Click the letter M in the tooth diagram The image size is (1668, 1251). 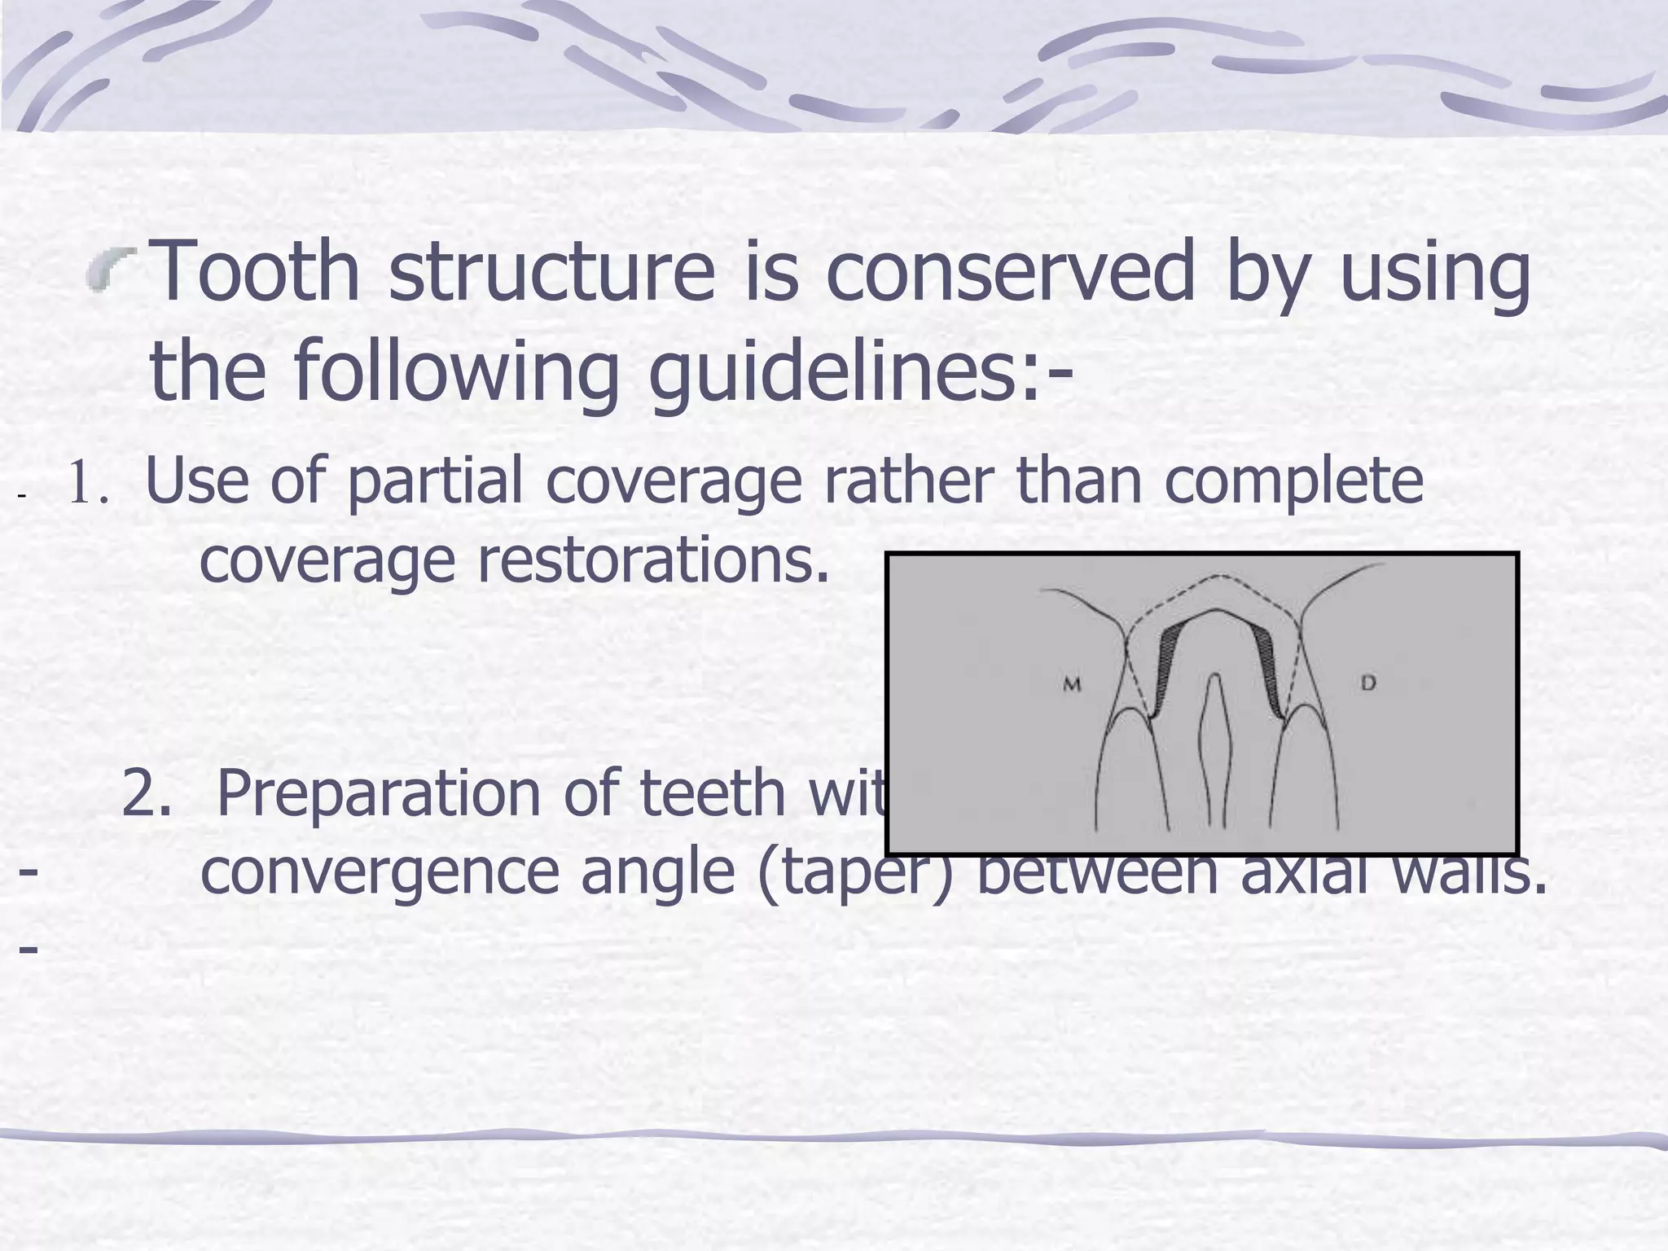(1072, 685)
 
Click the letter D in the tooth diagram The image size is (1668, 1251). (1368, 683)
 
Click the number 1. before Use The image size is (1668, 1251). (88, 484)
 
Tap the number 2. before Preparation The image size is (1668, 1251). (147, 793)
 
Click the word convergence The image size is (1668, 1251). (379, 871)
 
